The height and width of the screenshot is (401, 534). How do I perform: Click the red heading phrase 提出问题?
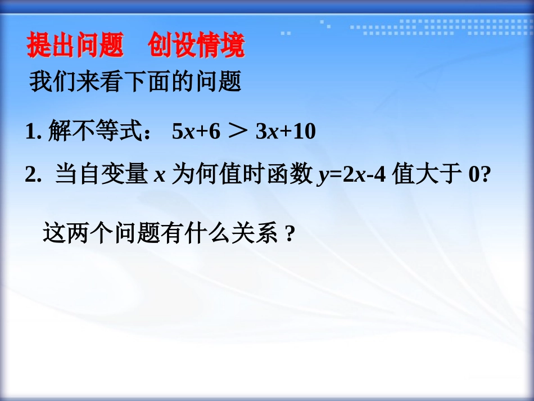75,46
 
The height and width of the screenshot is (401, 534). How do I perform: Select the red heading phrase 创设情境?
196,46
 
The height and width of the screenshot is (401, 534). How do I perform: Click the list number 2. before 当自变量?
34,175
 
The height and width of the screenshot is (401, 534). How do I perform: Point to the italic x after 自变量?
159,176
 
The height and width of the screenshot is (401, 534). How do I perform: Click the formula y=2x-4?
351,176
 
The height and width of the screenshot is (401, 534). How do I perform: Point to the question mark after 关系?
290,233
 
